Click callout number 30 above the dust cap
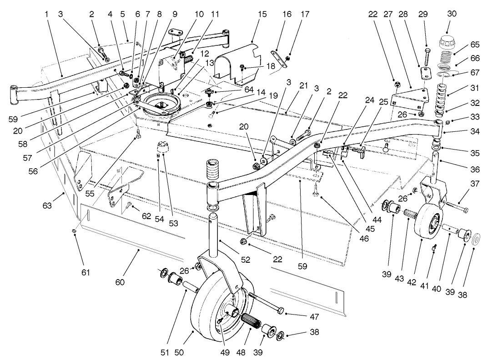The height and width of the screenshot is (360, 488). pos(451,14)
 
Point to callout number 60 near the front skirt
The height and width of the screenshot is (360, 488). pos(120,282)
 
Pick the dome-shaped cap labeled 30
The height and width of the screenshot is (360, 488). pos(446,44)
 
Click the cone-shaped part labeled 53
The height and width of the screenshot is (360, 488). pos(163,148)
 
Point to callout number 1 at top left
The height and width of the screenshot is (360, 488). pos(46,14)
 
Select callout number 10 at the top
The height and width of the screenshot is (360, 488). pos(199,14)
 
